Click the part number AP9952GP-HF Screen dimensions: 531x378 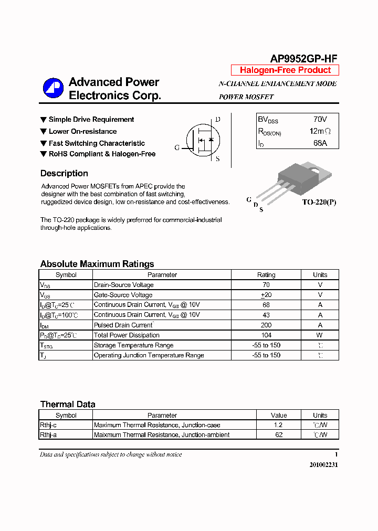(x=304, y=59)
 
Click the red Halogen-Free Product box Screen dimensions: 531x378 (x=285, y=70)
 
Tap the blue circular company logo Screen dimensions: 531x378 (x=53, y=89)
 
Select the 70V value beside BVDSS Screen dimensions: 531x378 (x=320, y=120)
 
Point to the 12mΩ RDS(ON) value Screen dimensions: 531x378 (x=320, y=131)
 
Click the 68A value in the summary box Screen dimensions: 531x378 (x=320, y=143)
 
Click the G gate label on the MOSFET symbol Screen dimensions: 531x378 (x=177, y=148)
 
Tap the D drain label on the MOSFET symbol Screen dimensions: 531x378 (x=217, y=120)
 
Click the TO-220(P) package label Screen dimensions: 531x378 (x=319, y=202)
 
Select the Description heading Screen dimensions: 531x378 (x=64, y=174)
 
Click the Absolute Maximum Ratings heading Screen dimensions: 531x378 (x=97, y=264)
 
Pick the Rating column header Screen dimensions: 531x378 (x=266, y=274)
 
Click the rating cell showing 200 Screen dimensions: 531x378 (x=266, y=325)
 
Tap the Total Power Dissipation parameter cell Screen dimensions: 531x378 (x=127, y=335)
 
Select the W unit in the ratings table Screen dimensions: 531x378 (x=320, y=335)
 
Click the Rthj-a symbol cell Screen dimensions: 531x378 (x=48, y=435)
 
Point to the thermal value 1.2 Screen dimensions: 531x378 (x=278, y=425)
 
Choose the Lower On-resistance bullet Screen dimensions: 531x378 (x=82, y=132)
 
